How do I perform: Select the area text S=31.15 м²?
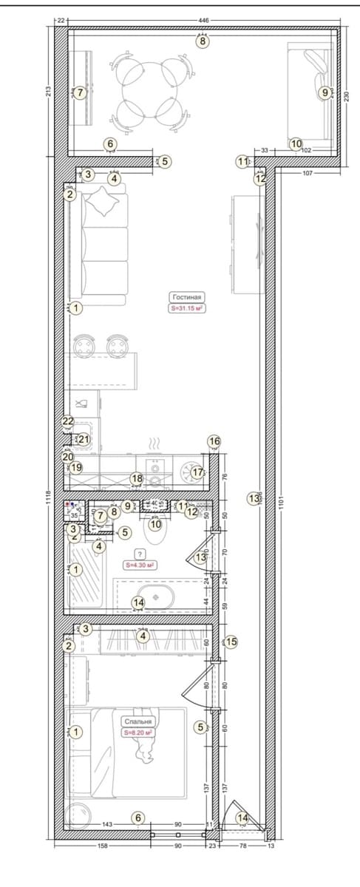click(187, 308)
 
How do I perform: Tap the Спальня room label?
click(138, 721)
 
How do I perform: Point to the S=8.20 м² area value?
click(138, 733)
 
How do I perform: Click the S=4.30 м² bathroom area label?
click(139, 565)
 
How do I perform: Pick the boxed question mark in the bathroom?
click(138, 554)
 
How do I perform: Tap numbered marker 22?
click(68, 421)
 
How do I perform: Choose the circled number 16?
click(214, 441)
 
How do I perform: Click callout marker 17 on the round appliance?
click(197, 472)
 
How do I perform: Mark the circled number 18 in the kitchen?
click(137, 479)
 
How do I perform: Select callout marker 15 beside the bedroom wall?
click(231, 642)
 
